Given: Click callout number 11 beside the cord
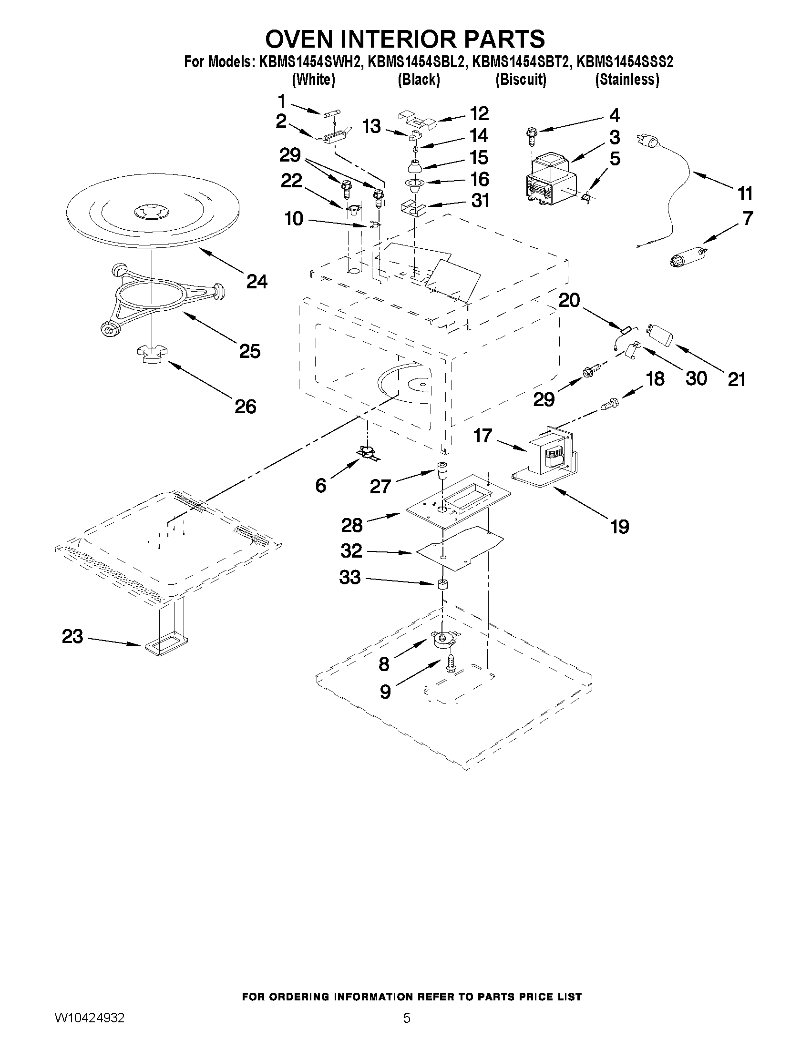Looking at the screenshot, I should click(745, 194).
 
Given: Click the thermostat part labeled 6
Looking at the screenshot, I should click(369, 453).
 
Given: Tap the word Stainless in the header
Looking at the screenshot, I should click(626, 79).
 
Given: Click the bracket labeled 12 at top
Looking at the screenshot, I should click(416, 119).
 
